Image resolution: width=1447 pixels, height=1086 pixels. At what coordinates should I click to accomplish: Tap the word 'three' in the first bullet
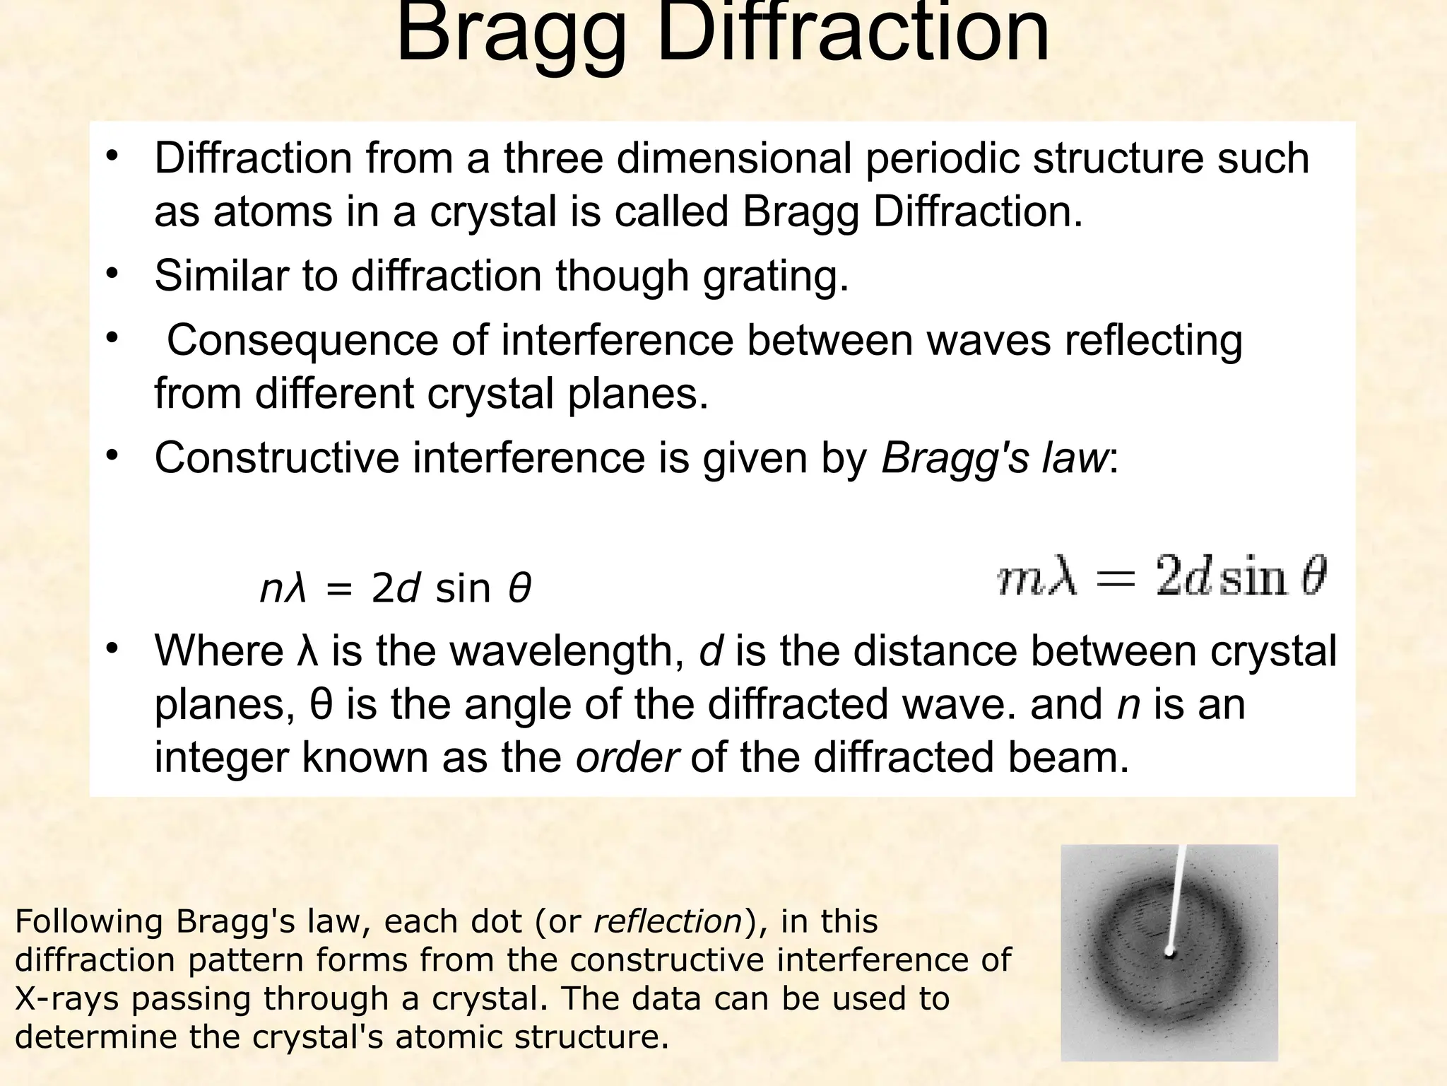pyautogui.click(x=553, y=158)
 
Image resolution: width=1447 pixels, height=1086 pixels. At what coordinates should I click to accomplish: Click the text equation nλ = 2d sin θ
pyautogui.click(x=395, y=588)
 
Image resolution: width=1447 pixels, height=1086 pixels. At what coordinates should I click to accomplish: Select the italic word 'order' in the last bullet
pyautogui.click(x=628, y=757)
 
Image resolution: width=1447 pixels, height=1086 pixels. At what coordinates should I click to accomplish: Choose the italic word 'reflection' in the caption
pyautogui.click(x=668, y=922)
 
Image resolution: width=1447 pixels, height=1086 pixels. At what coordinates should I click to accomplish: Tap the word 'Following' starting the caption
pyautogui.click(x=89, y=922)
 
